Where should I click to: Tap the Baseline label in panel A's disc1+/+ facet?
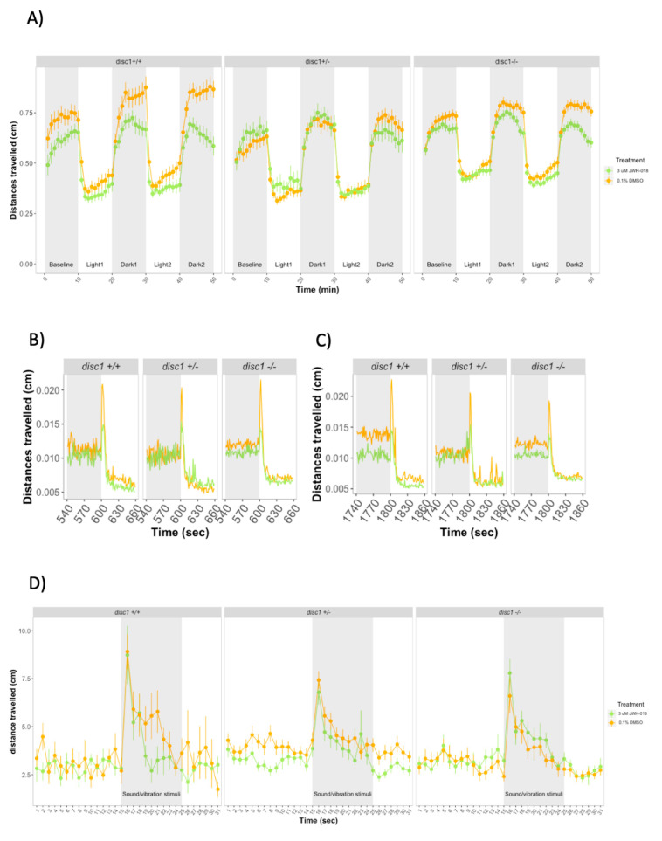[61, 263]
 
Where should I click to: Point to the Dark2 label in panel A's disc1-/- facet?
[574, 263]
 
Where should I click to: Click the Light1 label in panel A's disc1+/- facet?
[283, 263]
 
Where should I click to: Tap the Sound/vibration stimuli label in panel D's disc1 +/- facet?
[342, 793]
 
